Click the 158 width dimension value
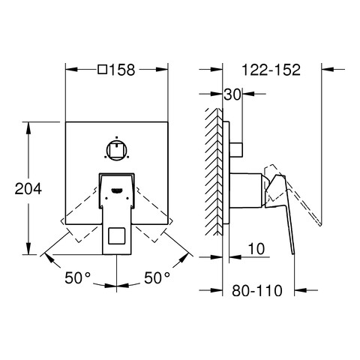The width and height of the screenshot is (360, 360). tap(122, 70)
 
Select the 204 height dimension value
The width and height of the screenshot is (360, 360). tap(28, 189)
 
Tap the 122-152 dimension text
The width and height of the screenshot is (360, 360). tap(271, 70)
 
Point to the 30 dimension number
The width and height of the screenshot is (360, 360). tap(232, 94)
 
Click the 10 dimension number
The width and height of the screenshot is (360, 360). tap(256, 249)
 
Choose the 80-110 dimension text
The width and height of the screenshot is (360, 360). tap(257, 290)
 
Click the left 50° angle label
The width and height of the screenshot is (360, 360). tap(77, 277)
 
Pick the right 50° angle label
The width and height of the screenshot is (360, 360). tap(157, 277)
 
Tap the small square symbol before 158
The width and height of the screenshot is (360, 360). tap(103, 70)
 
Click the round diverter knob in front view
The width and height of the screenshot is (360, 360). tap(117, 150)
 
